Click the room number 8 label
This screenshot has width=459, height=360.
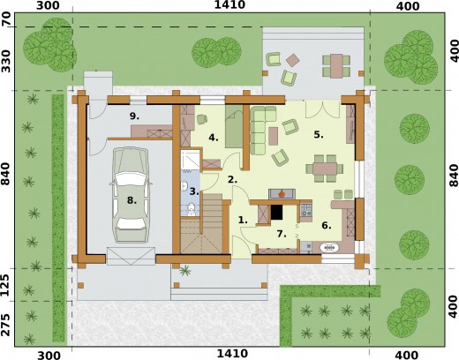[x=132, y=200]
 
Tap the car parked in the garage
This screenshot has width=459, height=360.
[x=131, y=195]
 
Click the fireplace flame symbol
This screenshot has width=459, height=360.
[x=282, y=193]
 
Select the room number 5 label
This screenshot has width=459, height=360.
[x=319, y=135]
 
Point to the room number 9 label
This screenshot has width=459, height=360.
[x=134, y=116]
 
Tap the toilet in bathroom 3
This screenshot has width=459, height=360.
[x=192, y=209]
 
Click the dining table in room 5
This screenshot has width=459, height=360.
[x=325, y=169]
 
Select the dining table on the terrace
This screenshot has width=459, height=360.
[x=336, y=66]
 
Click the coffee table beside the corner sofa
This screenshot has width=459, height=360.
[x=273, y=136]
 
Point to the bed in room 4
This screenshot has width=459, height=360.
[x=234, y=126]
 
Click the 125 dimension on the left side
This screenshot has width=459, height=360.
[x=5, y=285]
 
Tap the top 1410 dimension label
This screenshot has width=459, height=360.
[x=229, y=4]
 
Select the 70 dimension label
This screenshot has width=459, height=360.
[x=6, y=19]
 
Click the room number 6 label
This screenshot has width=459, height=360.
[x=327, y=226]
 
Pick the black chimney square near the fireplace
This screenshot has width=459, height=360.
[x=276, y=212]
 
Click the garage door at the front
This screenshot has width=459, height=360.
[x=131, y=256]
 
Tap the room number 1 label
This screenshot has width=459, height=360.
[x=243, y=220]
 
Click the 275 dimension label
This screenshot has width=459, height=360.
[x=5, y=325]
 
